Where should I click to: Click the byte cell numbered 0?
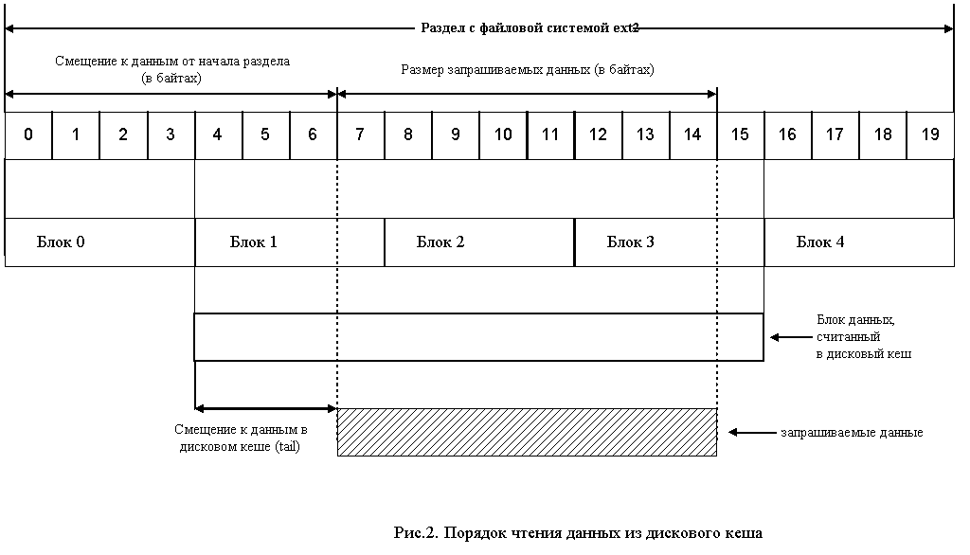28,134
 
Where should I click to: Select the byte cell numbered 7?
360,134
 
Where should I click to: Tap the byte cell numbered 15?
740,134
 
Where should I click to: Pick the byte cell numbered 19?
930,134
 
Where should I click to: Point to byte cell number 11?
550,134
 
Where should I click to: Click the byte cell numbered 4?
218,134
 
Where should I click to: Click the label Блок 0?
61,242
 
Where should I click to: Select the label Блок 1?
254,242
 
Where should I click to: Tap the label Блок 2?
440,242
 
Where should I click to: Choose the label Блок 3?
631,242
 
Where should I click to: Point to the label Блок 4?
820,242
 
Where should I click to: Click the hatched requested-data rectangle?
527,432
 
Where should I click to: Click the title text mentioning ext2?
530,27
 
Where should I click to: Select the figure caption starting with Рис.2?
578,532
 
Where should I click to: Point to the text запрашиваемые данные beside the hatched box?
852,433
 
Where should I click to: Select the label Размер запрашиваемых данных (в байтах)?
528,69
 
